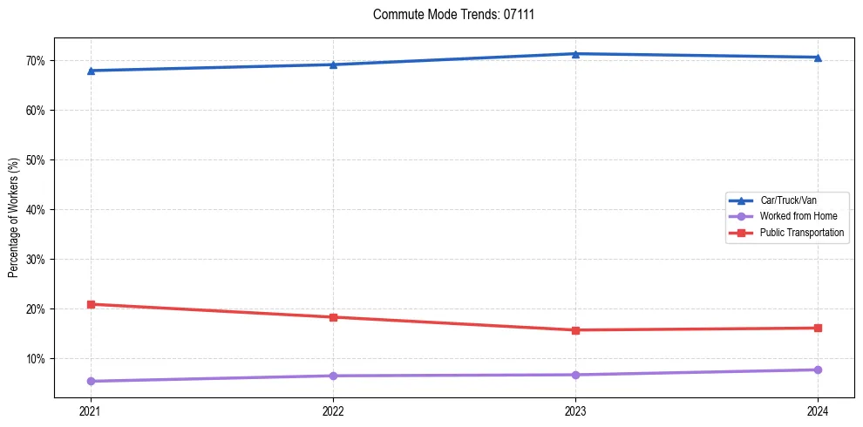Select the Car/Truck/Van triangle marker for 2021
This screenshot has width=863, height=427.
91,71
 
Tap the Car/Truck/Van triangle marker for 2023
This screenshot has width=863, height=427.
575,54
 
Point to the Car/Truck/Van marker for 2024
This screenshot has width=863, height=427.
818,58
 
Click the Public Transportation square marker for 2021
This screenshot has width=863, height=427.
91,304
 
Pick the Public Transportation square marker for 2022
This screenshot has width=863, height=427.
333,317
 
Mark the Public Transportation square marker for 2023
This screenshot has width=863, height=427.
575,330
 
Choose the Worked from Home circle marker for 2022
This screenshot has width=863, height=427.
333,376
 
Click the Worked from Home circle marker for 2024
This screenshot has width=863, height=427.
818,369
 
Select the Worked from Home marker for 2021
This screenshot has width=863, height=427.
91,381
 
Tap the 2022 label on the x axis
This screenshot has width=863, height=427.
333,410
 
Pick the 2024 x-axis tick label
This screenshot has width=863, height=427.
818,410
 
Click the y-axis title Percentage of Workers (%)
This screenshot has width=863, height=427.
13,218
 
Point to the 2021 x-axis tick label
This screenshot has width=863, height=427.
91,410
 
